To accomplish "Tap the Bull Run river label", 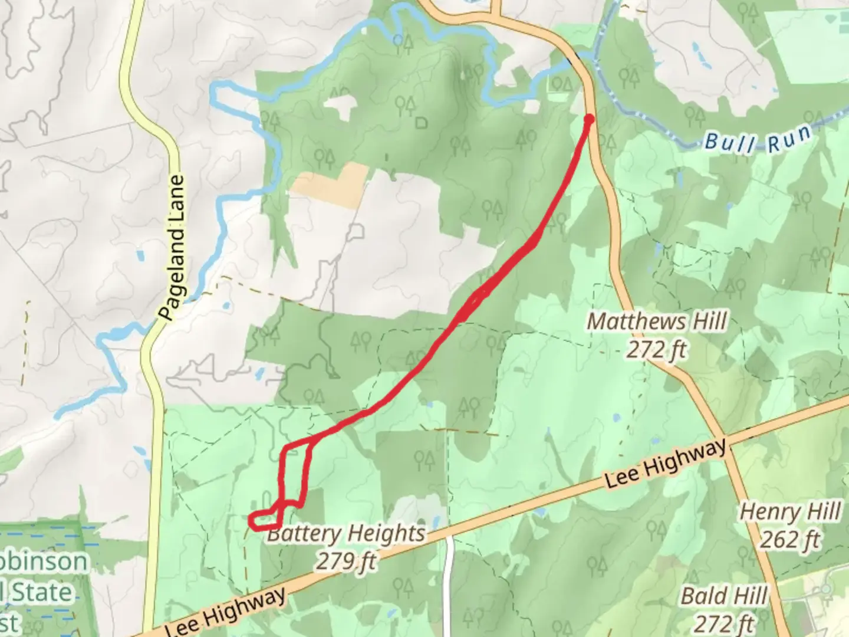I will point(758,139).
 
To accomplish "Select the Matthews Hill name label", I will point(657,322).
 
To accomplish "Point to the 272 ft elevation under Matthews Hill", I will point(656,350).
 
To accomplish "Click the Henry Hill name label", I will point(790,512).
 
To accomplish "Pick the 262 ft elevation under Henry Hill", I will point(790,540).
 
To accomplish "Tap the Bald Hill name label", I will point(724,596).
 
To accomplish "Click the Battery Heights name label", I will point(346,534).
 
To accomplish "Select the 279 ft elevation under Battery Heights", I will point(346,561).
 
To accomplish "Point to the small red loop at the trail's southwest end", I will point(263,520).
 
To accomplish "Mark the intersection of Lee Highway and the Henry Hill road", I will point(730,442).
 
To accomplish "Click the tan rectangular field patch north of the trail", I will point(331,184).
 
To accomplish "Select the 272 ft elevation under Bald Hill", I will point(724,623).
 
